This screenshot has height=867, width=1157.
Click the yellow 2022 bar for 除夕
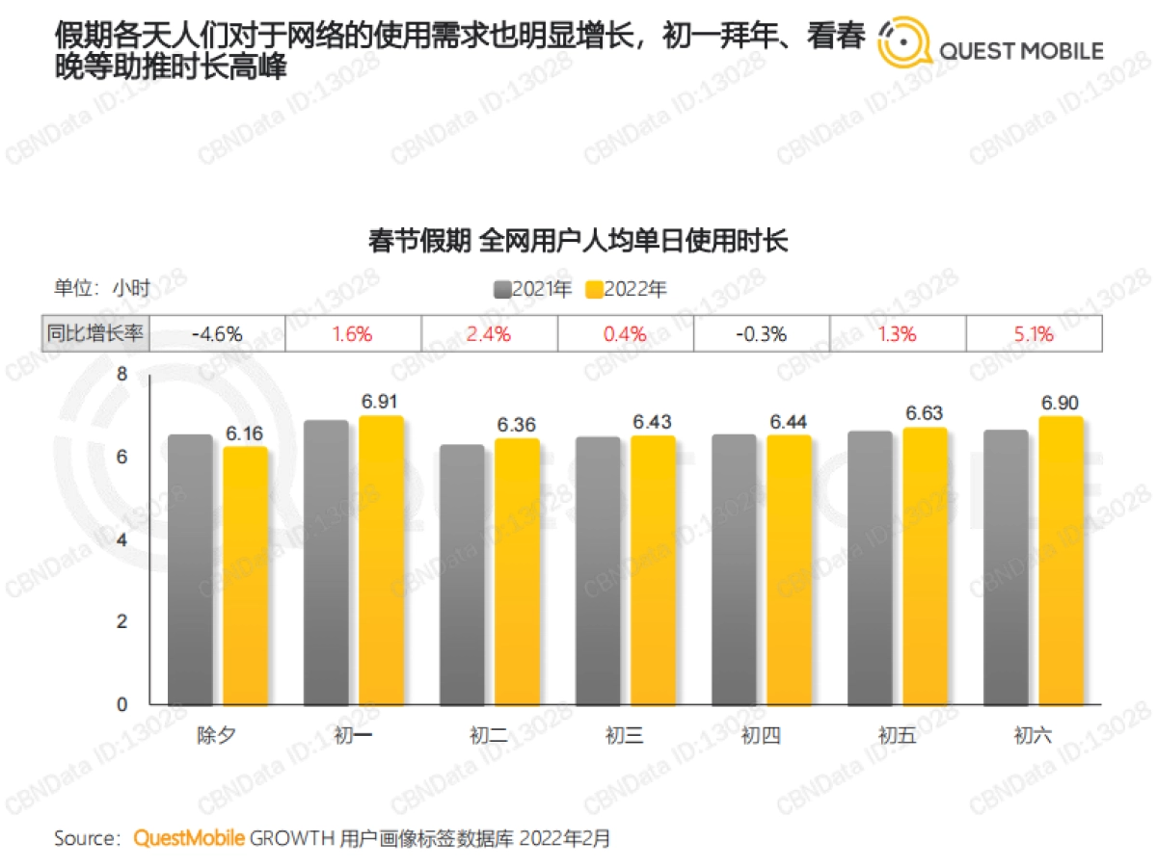coord(245,576)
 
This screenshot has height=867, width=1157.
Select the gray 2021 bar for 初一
coord(327,563)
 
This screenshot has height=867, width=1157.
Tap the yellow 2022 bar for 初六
coord(1062,561)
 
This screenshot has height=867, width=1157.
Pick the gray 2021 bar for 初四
coord(735,569)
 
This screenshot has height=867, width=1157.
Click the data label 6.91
coord(381,402)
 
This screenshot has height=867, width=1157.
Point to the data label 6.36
coord(517,424)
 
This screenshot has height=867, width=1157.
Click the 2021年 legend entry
coord(532,289)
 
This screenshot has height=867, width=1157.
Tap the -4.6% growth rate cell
coord(217,334)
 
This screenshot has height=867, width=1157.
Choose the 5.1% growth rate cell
coord(1034,334)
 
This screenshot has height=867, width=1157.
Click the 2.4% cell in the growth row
coord(489,334)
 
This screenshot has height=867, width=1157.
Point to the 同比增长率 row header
coord(95,334)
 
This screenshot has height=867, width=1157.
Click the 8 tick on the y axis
coord(121,375)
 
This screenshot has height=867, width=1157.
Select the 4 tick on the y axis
coord(121,539)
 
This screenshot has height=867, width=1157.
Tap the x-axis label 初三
coord(625,737)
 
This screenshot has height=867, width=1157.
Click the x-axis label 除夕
coord(217,737)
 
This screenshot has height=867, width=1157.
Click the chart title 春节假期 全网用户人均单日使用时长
coord(578,240)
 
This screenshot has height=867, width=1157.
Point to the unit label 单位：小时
coord(101,287)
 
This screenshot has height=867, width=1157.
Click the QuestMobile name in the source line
coord(189,838)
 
